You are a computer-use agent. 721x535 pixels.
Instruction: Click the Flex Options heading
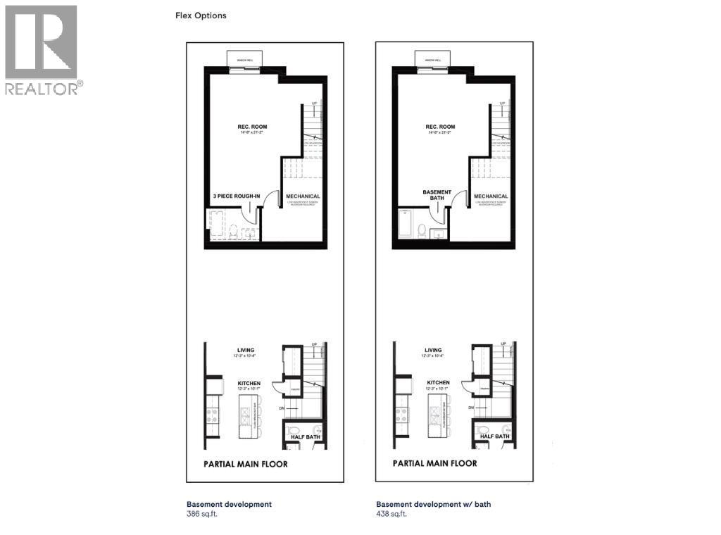(201, 15)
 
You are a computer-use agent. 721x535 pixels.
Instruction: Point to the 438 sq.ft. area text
(391, 514)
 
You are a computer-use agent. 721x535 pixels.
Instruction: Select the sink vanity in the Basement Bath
(437, 234)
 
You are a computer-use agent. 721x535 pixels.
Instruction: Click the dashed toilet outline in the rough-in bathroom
(232, 230)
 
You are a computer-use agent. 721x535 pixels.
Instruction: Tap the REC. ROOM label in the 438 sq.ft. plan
(441, 127)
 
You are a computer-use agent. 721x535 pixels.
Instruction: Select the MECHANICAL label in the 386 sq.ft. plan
(303, 196)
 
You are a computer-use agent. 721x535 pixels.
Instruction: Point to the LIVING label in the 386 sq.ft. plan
(246, 350)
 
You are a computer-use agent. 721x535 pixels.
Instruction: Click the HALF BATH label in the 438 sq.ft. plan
(495, 436)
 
